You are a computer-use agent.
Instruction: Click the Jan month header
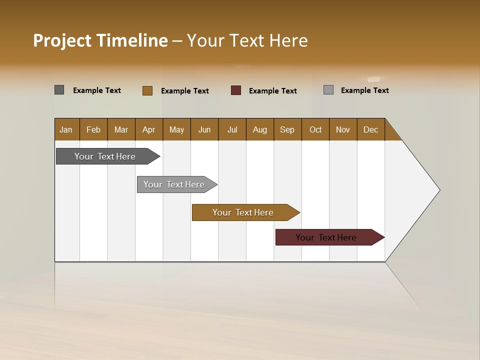tap(66, 129)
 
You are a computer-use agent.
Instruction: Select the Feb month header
tap(93, 129)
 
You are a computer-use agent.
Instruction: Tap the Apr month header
tap(149, 129)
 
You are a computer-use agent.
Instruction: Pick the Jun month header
tap(204, 129)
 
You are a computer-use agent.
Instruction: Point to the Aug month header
tap(260, 129)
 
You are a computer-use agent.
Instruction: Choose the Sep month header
tap(287, 129)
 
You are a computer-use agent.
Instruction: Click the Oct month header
tap(315, 129)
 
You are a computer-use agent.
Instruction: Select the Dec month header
tap(371, 129)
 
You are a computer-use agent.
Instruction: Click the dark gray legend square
tap(59, 90)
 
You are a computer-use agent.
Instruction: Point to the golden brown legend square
tap(147, 90)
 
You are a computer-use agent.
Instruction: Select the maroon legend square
tap(236, 90)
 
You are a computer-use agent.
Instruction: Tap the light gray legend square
tap(328, 90)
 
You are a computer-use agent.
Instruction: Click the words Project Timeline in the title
tap(100, 40)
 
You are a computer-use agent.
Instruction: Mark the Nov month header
tap(343, 129)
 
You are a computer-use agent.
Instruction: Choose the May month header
tap(176, 129)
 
